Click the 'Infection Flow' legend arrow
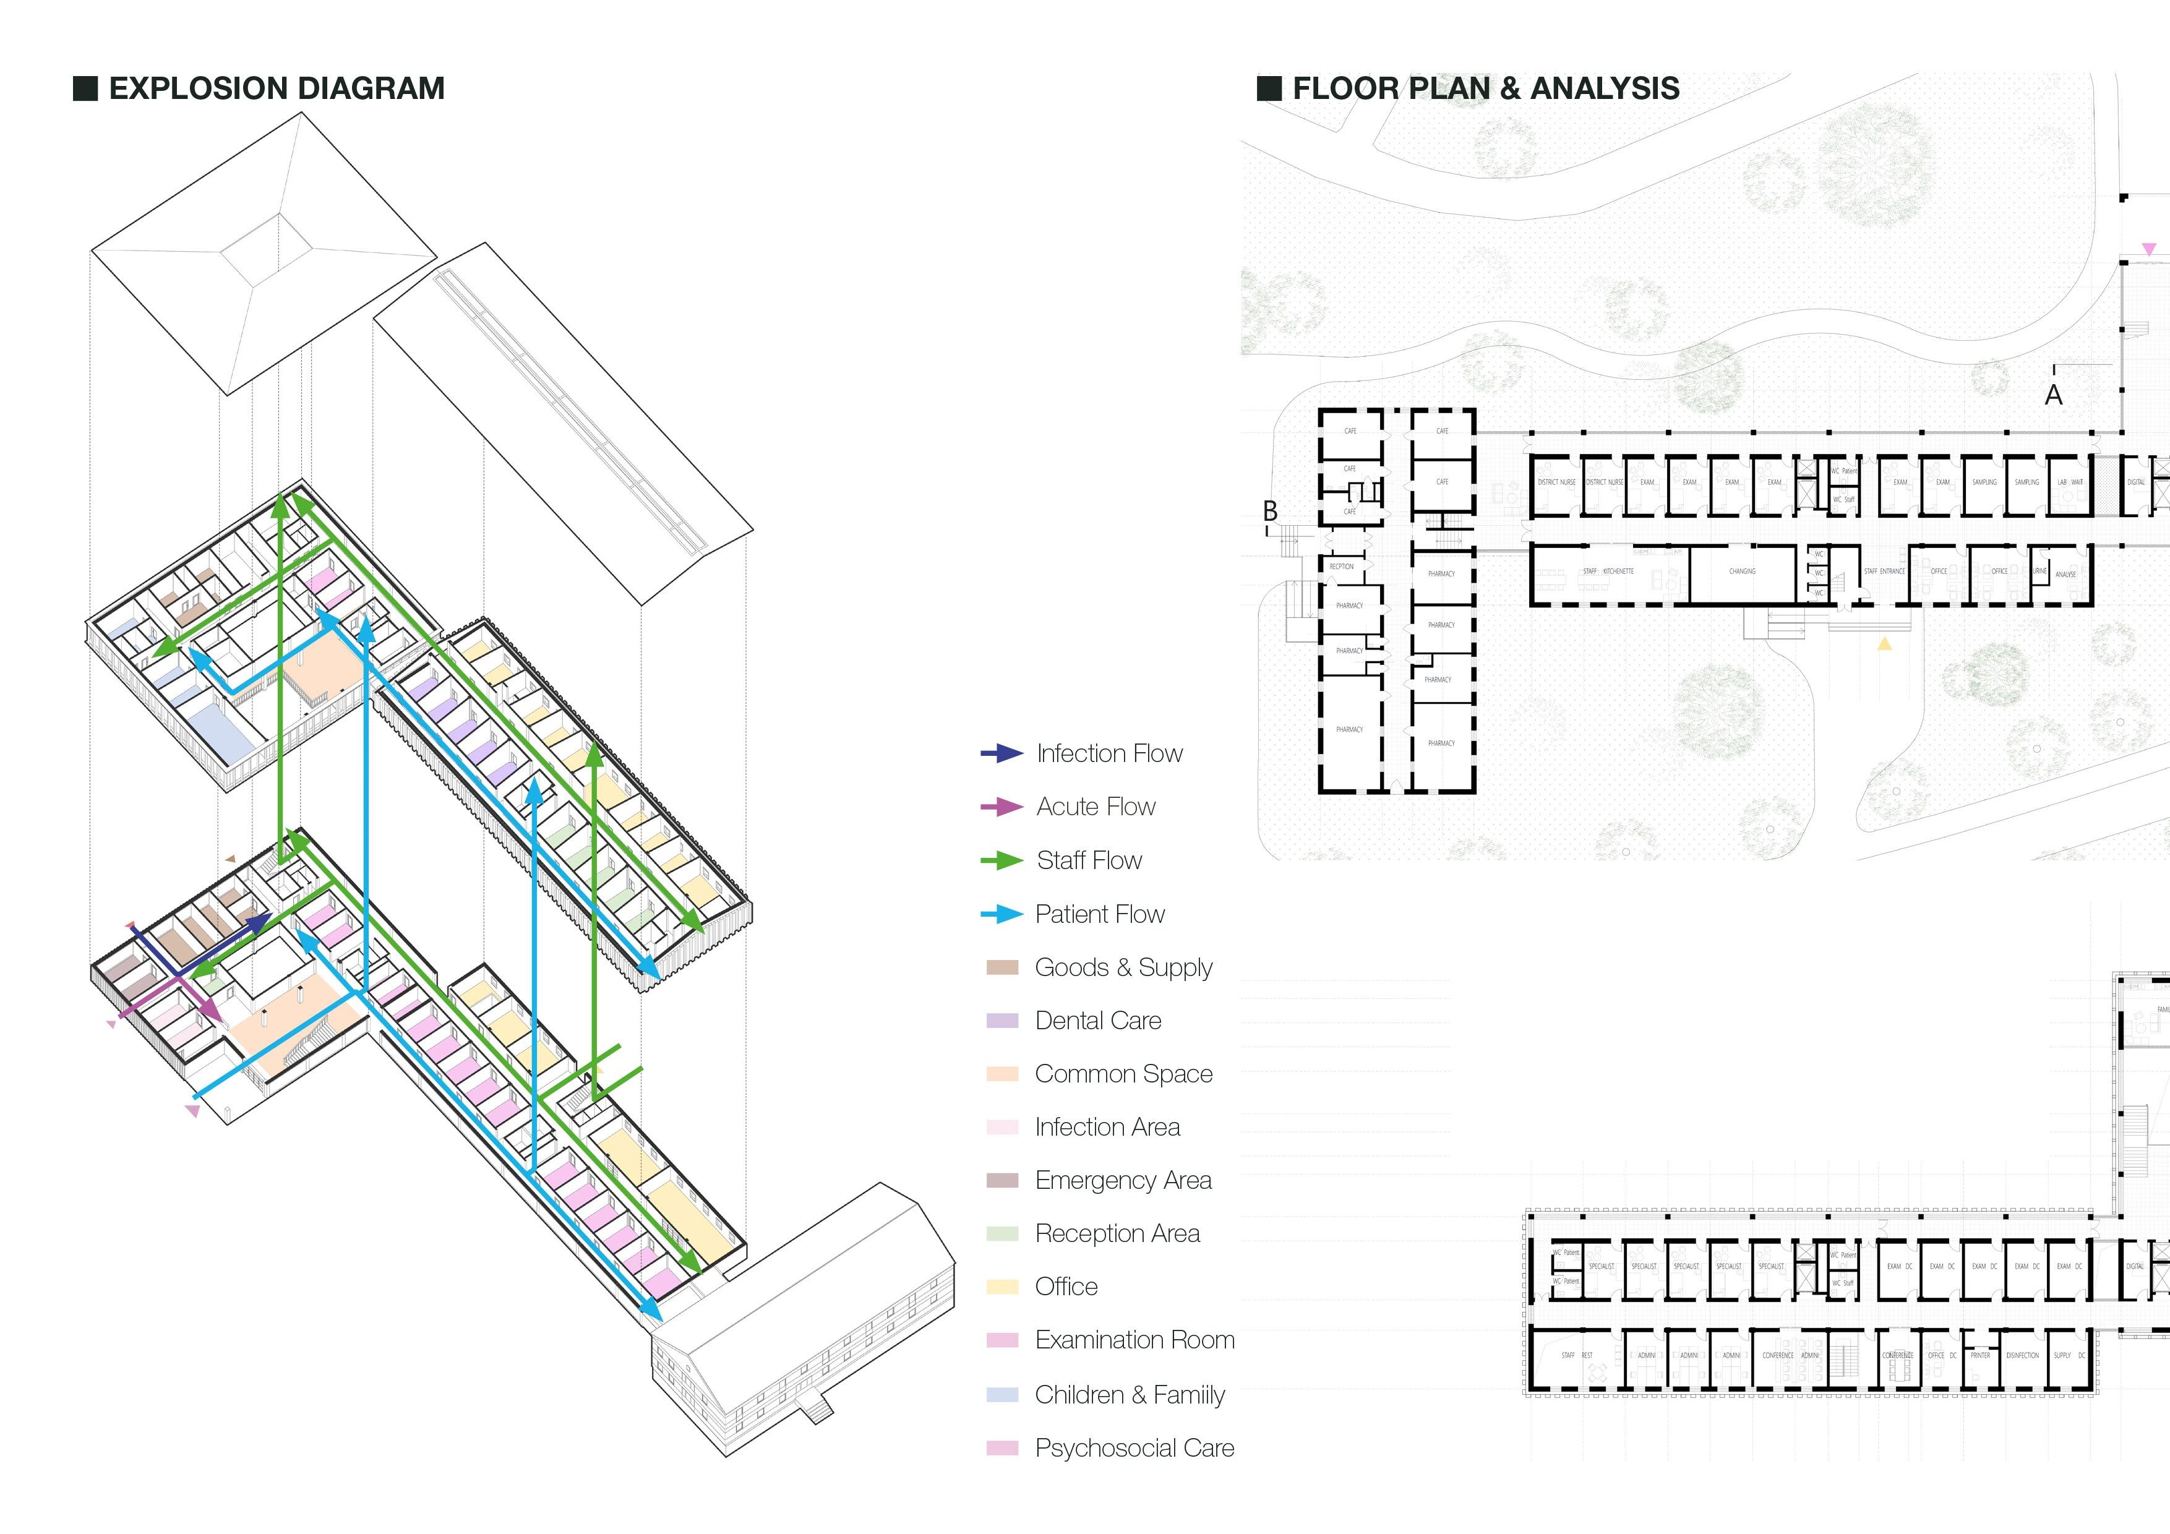[x=1002, y=753]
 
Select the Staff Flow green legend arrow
[x=1002, y=860]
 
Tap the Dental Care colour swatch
[x=1002, y=1021]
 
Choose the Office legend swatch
[x=1002, y=1287]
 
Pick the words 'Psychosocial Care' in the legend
[x=1134, y=1448]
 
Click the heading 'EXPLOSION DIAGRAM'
[x=276, y=89]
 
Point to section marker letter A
[x=2053, y=395]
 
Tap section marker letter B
[x=1270, y=512]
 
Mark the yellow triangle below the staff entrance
[x=1885, y=645]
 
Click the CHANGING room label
[x=1742, y=572]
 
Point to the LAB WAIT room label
[x=2070, y=482]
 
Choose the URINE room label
[x=2039, y=571]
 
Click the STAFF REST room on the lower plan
[x=1576, y=1355]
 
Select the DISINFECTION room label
[x=2022, y=1355]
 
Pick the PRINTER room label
[x=1980, y=1355]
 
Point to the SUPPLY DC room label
[x=2069, y=1355]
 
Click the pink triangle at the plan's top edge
[x=2149, y=249]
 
